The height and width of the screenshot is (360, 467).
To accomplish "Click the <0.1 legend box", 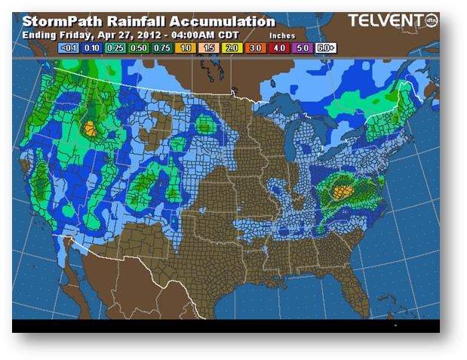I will [69, 47].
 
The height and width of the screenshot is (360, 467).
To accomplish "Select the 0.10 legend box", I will [93, 47].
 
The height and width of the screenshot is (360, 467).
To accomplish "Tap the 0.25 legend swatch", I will [115, 47].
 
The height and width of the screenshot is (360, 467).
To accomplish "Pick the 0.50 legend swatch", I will [138, 47].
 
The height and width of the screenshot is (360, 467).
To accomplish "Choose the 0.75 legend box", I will [161, 47].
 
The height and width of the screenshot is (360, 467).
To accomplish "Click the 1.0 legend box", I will [184, 47].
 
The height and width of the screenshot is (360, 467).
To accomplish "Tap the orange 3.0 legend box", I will [255, 47].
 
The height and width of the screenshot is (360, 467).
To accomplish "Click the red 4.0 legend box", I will [279, 47].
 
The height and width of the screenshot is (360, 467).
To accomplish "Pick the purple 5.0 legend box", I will [303, 47].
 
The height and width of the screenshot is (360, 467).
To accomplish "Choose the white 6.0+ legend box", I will [325, 47].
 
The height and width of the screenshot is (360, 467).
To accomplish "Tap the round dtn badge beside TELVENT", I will [432, 20].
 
